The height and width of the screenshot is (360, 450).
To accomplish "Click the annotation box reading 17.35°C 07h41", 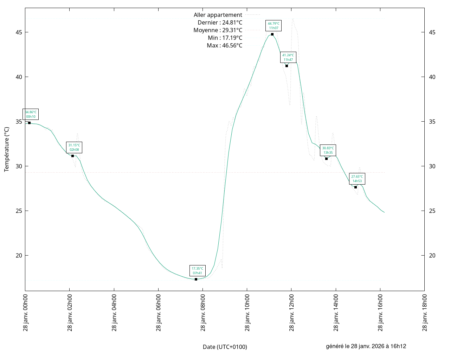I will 197,271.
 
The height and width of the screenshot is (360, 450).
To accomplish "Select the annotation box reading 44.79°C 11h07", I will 274,26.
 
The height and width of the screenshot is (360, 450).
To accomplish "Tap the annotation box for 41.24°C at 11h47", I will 288,57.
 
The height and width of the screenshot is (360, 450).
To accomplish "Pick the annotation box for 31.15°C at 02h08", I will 74,147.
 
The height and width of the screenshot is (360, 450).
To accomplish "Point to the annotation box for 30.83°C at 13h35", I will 328,150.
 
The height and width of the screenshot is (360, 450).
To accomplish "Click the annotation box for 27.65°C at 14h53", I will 357,179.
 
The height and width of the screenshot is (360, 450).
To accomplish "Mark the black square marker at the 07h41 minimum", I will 196,279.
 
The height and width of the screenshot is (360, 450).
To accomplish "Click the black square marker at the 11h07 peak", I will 272,34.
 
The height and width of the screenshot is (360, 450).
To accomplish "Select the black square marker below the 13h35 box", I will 326,159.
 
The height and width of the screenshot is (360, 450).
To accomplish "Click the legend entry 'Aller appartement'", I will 218,15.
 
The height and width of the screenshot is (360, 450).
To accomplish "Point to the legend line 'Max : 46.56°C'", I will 225,46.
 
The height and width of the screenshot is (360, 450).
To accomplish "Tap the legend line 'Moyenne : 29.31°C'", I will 218,30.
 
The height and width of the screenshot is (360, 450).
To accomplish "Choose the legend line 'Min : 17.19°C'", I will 225,38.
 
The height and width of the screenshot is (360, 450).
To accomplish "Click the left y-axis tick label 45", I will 19,32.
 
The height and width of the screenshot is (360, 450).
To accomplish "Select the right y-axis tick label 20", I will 432,256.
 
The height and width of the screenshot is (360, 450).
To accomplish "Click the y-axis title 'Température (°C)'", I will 7,149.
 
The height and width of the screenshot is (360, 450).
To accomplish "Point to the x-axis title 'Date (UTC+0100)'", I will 225,347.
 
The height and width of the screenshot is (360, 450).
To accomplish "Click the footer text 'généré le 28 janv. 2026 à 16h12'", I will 366,346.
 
